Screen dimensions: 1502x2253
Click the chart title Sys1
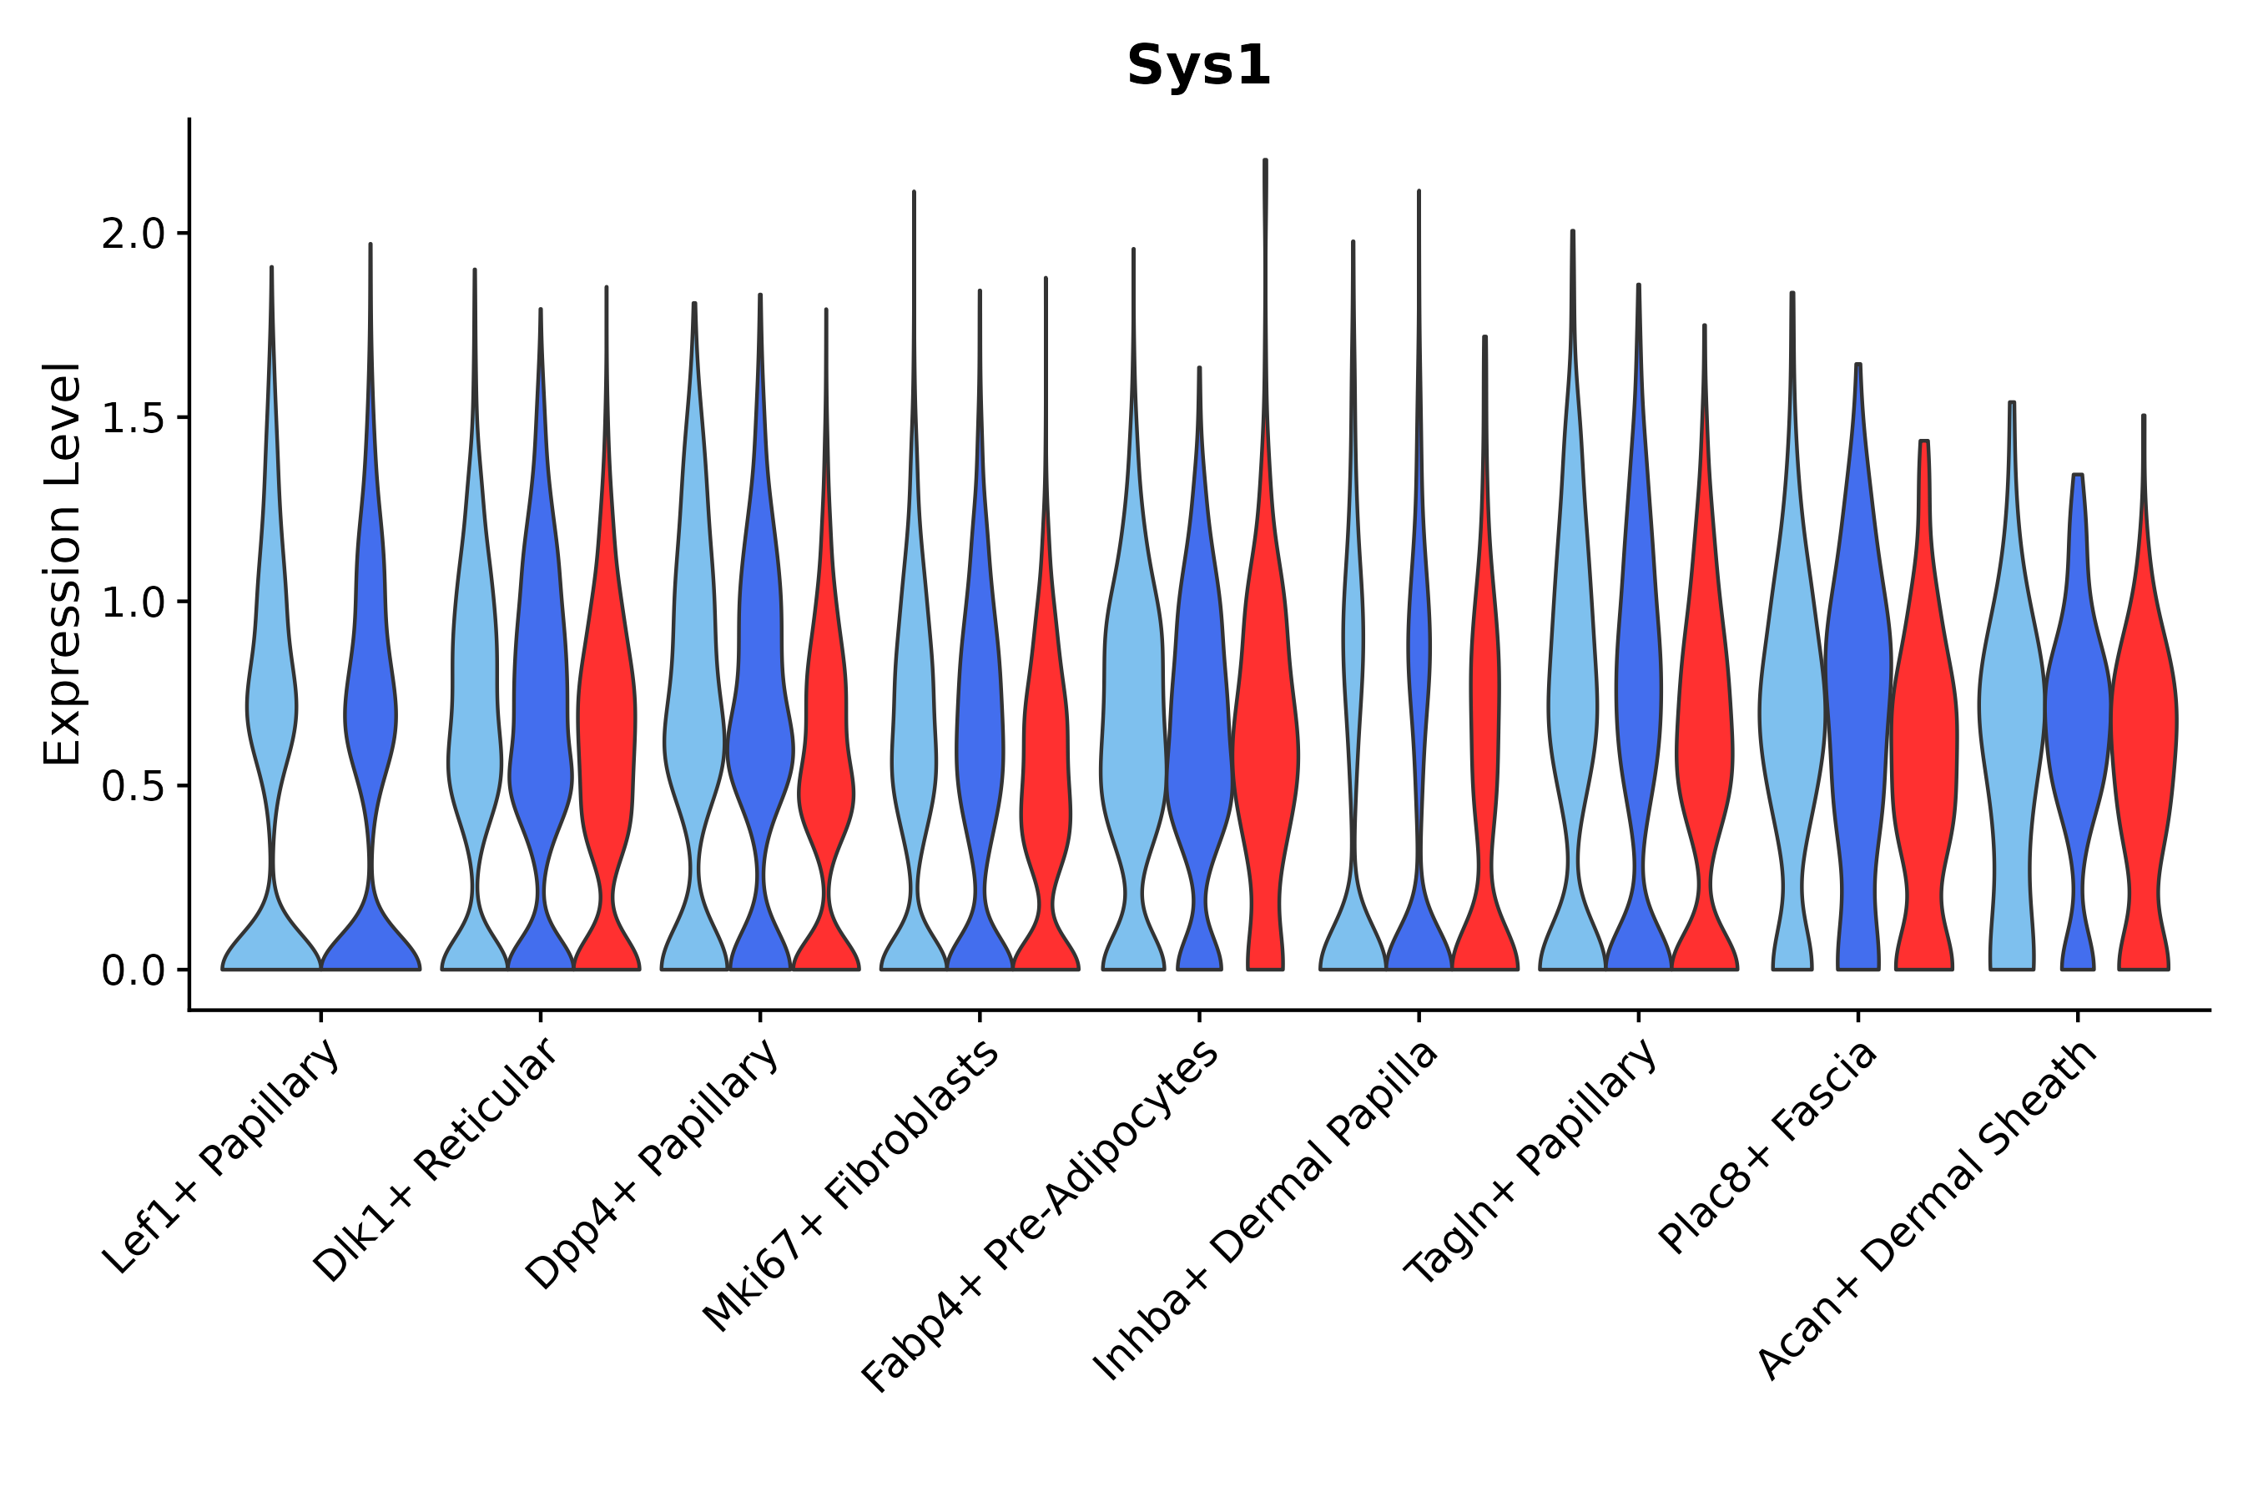(x=1198, y=66)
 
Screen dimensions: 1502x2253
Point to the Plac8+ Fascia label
(x=1768, y=1147)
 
